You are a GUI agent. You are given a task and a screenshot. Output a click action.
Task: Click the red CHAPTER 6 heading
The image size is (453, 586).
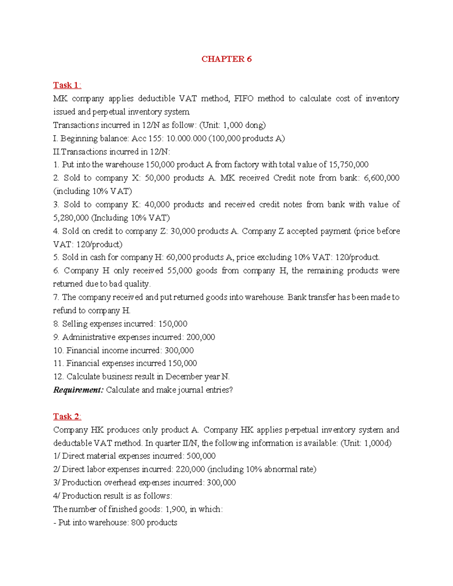pyautogui.click(x=226, y=59)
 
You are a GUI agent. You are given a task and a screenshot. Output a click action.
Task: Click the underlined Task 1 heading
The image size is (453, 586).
pyautogui.click(x=66, y=85)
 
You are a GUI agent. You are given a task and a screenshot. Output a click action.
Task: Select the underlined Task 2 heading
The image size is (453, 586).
pyautogui.click(x=66, y=416)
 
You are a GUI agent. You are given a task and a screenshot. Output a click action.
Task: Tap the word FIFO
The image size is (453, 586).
pyautogui.click(x=243, y=98)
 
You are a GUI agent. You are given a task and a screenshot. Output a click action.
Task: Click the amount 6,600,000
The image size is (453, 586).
pyautogui.click(x=381, y=178)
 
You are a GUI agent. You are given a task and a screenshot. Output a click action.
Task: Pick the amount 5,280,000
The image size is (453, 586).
pyautogui.click(x=71, y=218)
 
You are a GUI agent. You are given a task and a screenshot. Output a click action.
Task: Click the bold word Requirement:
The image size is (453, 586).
pyautogui.click(x=78, y=390)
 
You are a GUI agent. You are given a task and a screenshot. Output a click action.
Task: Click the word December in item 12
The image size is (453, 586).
pyautogui.click(x=184, y=377)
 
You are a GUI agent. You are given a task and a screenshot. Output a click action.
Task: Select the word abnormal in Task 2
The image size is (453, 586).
pyautogui.click(x=280, y=469)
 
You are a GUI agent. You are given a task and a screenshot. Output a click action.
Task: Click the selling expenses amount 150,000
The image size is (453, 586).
pyautogui.click(x=173, y=324)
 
